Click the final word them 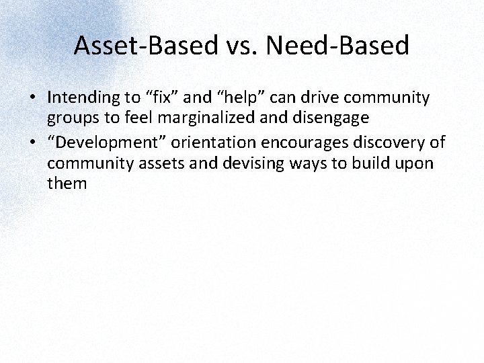[x=67, y=182]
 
